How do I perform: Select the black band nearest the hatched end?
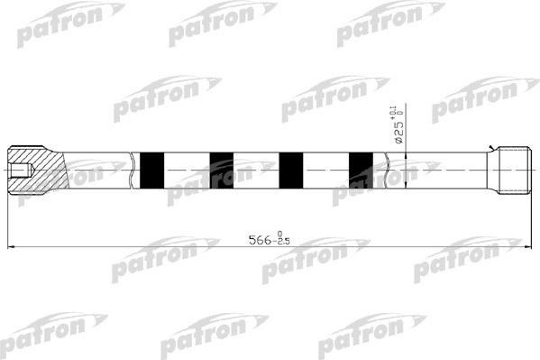(x=153, y=169)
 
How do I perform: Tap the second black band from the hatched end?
(x=221, y=169)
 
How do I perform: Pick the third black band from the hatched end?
(x=290, y=169)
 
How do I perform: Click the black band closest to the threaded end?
(x=360, y=169)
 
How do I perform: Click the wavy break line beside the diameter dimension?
(x=388, y=169)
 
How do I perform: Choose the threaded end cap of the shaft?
(x=512, y=169)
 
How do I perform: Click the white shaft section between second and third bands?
(x=256, y=169)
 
